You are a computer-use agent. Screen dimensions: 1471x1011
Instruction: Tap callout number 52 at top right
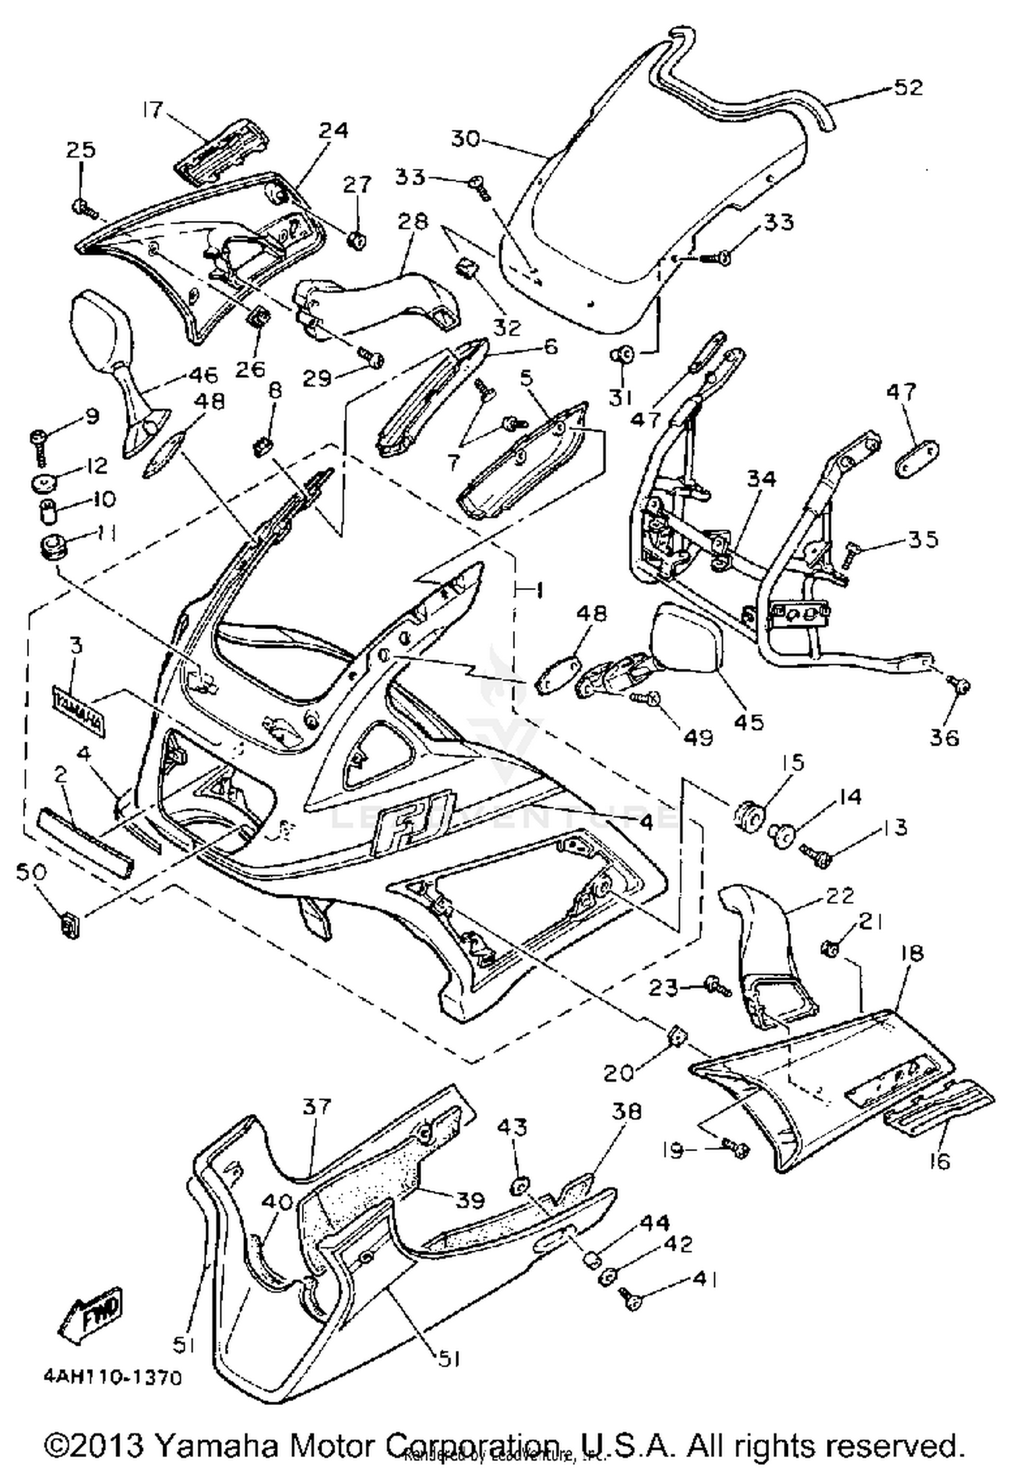coord(908,88)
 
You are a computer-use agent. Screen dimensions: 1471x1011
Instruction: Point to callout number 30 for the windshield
coord(464,139)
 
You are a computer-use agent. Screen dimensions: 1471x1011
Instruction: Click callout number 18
coord(911,954)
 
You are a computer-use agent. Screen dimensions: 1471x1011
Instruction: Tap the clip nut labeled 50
coord(69,927)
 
